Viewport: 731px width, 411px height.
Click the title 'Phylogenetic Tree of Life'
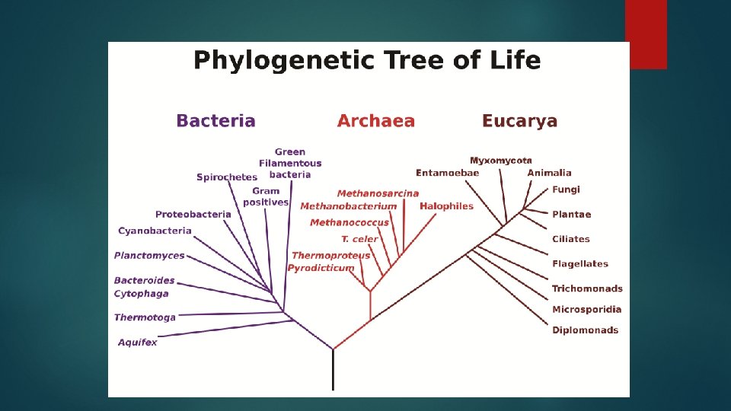pos(367,60)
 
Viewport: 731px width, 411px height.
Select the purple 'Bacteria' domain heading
pos(215,121)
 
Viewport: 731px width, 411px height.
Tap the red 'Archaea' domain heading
pos(375,121)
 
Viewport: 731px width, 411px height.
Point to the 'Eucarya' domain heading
pos(519,121)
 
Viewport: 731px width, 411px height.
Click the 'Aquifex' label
pos(138,342)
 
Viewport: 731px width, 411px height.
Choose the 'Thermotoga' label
pos(145,317)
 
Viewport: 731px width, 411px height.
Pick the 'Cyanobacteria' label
pos(155,231)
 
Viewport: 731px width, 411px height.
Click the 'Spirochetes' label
pos(227,177)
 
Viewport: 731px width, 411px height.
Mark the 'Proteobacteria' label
pos(193,215)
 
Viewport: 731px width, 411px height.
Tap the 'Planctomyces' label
pos(149,256)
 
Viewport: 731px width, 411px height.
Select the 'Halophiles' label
pos(446,206)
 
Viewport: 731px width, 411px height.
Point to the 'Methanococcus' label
pos(349,222)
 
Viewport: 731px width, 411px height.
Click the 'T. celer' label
pos(359,239)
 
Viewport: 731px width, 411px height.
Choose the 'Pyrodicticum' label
pos(321,268)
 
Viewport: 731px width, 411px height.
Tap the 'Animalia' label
pos(549,173)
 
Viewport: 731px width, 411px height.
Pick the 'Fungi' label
pos(566,190)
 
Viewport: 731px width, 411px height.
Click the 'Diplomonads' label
pos(585,330)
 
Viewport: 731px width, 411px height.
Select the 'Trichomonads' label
pos(587,288)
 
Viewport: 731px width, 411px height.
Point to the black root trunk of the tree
pos(333,371)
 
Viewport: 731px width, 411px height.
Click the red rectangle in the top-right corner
pos(646,34)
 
